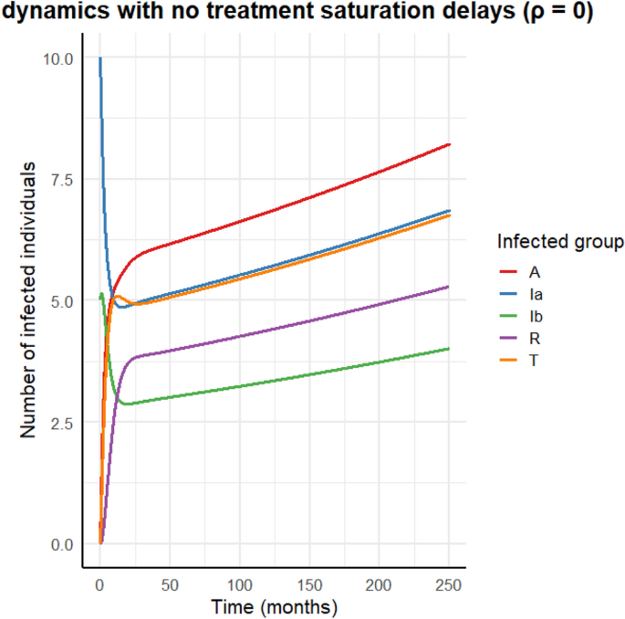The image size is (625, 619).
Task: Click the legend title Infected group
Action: (560, 242)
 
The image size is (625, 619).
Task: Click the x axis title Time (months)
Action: (275, 606)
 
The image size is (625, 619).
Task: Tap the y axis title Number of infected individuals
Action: (30, 301)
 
